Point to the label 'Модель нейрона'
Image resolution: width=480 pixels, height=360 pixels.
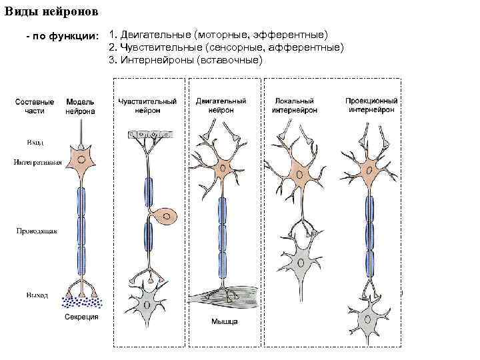(80, 107)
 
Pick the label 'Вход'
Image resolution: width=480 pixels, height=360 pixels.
(35, 143)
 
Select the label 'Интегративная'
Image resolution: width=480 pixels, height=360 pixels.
(38, 162)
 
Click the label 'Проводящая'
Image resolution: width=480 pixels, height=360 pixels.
(37, 231)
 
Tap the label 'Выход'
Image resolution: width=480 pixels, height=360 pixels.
(37, 294)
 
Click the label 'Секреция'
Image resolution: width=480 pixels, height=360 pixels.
(81, 317)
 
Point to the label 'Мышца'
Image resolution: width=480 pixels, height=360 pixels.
(225, 323)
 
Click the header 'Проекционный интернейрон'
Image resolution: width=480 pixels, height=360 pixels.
(371, 105)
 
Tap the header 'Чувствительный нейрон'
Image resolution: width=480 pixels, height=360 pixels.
(147, 105)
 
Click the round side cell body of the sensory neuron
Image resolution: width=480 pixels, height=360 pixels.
(166, 217)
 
